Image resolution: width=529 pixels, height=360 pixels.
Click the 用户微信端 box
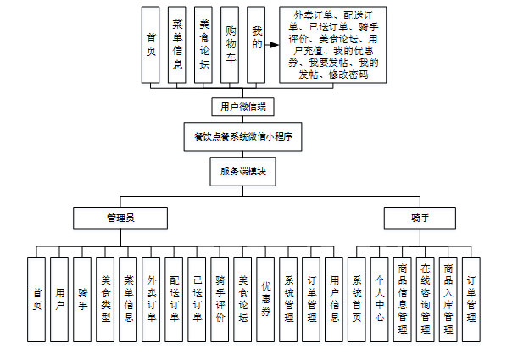(x=242, y=108)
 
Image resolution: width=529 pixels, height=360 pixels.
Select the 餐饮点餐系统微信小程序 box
(x=242, y=136)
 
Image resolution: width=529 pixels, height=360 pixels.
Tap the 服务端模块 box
(x=242, y=171)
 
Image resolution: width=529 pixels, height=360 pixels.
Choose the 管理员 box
(x=120, y=218)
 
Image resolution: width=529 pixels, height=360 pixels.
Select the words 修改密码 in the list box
(x=349, y=75)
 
